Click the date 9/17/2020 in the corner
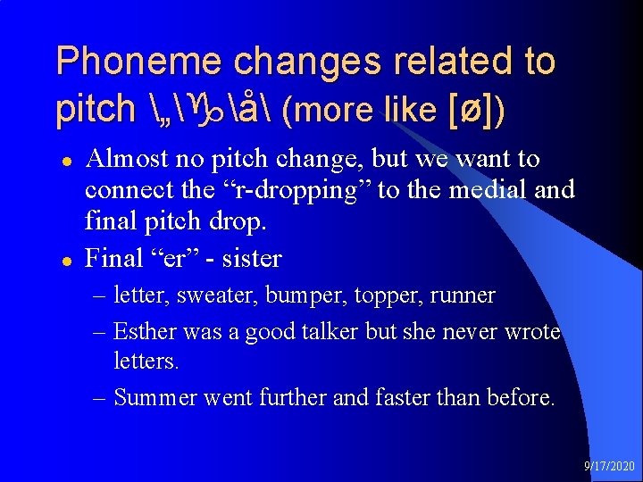click(610, 467)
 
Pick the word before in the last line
click(518, 396)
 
